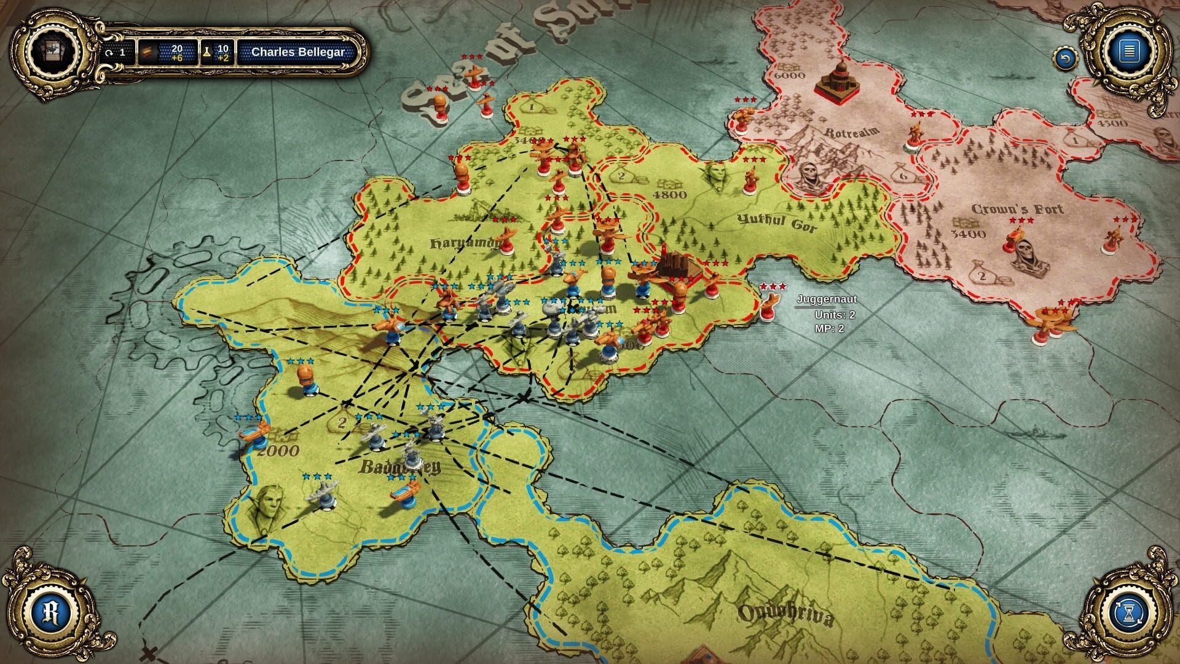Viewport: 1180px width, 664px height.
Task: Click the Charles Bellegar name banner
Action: pos(298,52)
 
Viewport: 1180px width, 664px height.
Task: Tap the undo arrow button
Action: pos(1065,60)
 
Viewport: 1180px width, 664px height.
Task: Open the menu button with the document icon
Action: pos(1128,50)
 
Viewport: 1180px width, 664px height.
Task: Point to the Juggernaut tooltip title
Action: pos(827,299)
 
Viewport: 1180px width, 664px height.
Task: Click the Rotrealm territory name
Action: pos(852,132)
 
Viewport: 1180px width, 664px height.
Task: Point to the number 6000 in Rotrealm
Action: pos(790,76)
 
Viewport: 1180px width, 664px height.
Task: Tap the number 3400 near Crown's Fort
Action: pos(968,234)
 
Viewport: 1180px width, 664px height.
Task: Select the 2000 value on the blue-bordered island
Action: pos(278,451)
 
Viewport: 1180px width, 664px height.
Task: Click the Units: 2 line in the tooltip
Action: pos(835,315)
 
